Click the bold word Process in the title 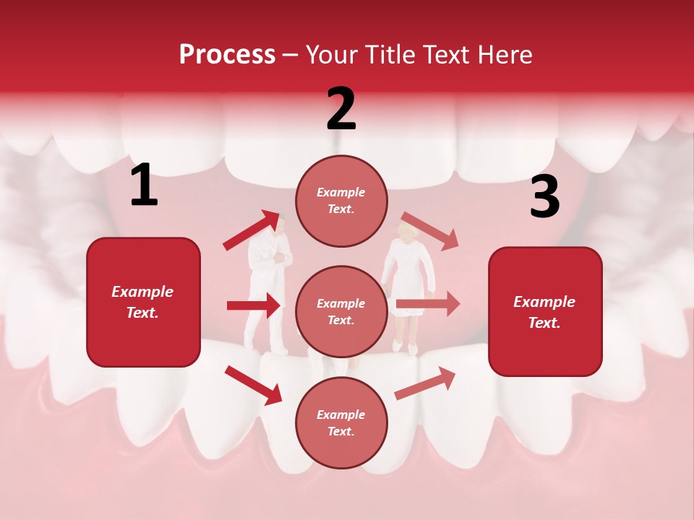[x=227, y=54]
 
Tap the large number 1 [x=144, y=185]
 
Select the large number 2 [x=341, y=109]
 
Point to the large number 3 [x=544, y=197]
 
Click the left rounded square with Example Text [x=143, y=302]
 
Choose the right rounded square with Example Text [x=545, y=311]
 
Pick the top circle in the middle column [x=341, y=201]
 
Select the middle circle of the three [x=341, y=311]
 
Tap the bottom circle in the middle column [x=341, y=422]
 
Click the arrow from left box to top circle [x=252, y=230]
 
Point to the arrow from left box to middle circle [x=254, y=305]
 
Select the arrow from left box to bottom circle [x=253, y=384]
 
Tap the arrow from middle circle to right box [x=428, y=304]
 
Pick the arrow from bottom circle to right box [x=425, y=383]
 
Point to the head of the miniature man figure [x=283, y=225]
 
